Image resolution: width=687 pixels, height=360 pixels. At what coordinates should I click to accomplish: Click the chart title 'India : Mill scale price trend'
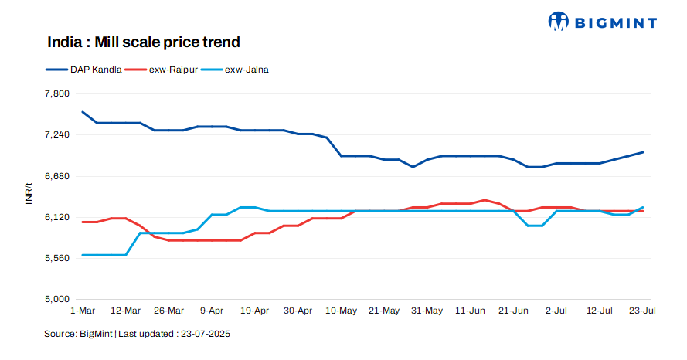coord(144,42)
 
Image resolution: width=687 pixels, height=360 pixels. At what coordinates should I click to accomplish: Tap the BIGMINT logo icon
coord(559,22)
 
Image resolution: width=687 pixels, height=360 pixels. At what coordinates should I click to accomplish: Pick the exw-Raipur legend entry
coord(165,70)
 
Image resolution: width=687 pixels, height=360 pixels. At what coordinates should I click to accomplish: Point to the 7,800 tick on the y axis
coord(58,93)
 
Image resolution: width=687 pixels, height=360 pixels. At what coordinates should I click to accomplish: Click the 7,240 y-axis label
coord(58,134)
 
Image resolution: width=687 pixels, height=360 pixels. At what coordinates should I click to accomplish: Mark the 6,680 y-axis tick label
coord(58,176)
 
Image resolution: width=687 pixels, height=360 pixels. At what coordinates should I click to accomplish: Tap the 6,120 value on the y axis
coord(58,217)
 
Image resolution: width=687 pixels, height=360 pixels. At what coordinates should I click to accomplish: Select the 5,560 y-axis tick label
coord(58,258)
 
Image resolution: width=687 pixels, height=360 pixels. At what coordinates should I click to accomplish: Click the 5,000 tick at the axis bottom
coord(58,299)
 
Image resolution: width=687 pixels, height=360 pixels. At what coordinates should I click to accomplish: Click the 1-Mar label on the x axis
coord(83,311)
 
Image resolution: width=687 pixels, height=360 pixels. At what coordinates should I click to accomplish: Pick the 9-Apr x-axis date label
coord(212,311)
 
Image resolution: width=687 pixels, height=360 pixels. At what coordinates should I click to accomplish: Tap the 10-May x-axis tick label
coord(341,311)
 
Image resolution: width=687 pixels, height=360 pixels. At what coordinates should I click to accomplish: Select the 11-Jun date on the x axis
coord(470,311)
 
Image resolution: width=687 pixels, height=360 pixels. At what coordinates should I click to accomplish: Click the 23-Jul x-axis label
coord(643,311)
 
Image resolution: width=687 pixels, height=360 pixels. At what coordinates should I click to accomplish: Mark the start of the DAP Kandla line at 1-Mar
coord(83,112)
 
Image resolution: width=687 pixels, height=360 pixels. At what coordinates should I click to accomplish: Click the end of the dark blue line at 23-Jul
coord(643,152)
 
